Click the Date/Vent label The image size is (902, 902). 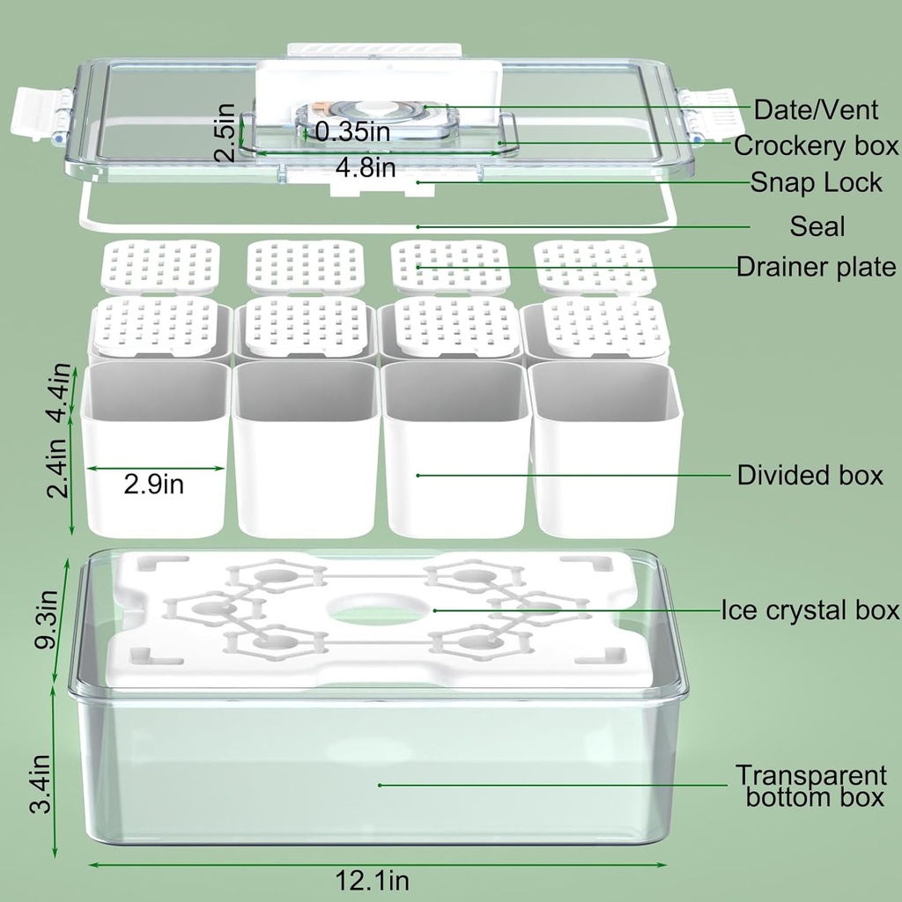click(816, 109)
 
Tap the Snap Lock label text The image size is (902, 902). click(816, 182)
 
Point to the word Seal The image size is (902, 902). click(817, 226)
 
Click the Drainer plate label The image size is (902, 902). click(816, 266)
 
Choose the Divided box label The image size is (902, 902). click(810, 475)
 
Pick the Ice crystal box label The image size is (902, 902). click(810, 610)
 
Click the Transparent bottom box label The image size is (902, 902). click(810, 787)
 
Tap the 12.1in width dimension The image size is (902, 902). click(372, 880)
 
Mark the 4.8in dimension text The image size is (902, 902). click(366, 167)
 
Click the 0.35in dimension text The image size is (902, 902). click(352, 131)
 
